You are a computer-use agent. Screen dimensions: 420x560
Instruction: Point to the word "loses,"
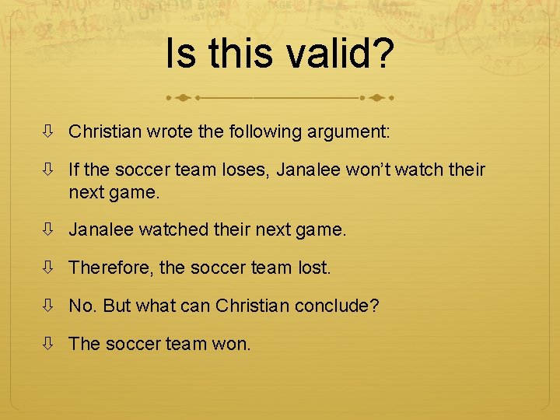pos(264,170)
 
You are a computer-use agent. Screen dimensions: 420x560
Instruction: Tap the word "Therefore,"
pos(111,268)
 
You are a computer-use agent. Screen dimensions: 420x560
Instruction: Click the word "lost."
pos(313,268)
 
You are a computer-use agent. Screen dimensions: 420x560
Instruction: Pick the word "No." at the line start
pos(82,306)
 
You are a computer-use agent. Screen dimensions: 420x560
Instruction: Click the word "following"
pos(261,132)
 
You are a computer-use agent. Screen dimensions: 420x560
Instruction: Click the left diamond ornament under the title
pos(182,99)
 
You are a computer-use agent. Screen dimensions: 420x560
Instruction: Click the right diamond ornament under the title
pos(376,99)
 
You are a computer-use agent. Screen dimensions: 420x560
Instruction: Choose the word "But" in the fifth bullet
pos(116,306)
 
